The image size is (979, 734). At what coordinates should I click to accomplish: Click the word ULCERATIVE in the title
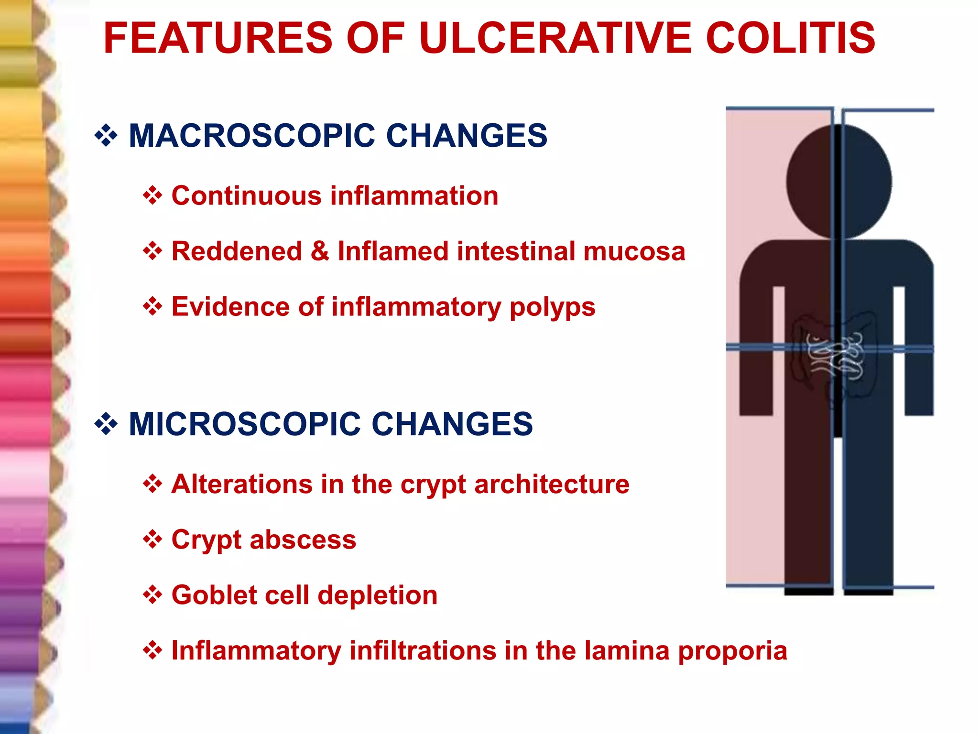point(555,38)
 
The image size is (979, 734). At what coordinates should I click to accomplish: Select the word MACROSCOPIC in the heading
point(252,136)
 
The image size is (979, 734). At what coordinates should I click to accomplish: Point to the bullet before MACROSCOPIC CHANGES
point(106,136)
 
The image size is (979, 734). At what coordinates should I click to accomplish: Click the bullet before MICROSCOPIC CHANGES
point(106,424)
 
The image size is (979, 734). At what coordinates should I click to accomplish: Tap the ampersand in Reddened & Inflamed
point(320,251)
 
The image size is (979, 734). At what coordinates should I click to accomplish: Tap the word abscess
point(303,540)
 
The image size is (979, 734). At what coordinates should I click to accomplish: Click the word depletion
point(377,595)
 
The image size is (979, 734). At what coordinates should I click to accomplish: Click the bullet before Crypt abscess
point(152,540)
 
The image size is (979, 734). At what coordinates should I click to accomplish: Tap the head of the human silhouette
point(839,182)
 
